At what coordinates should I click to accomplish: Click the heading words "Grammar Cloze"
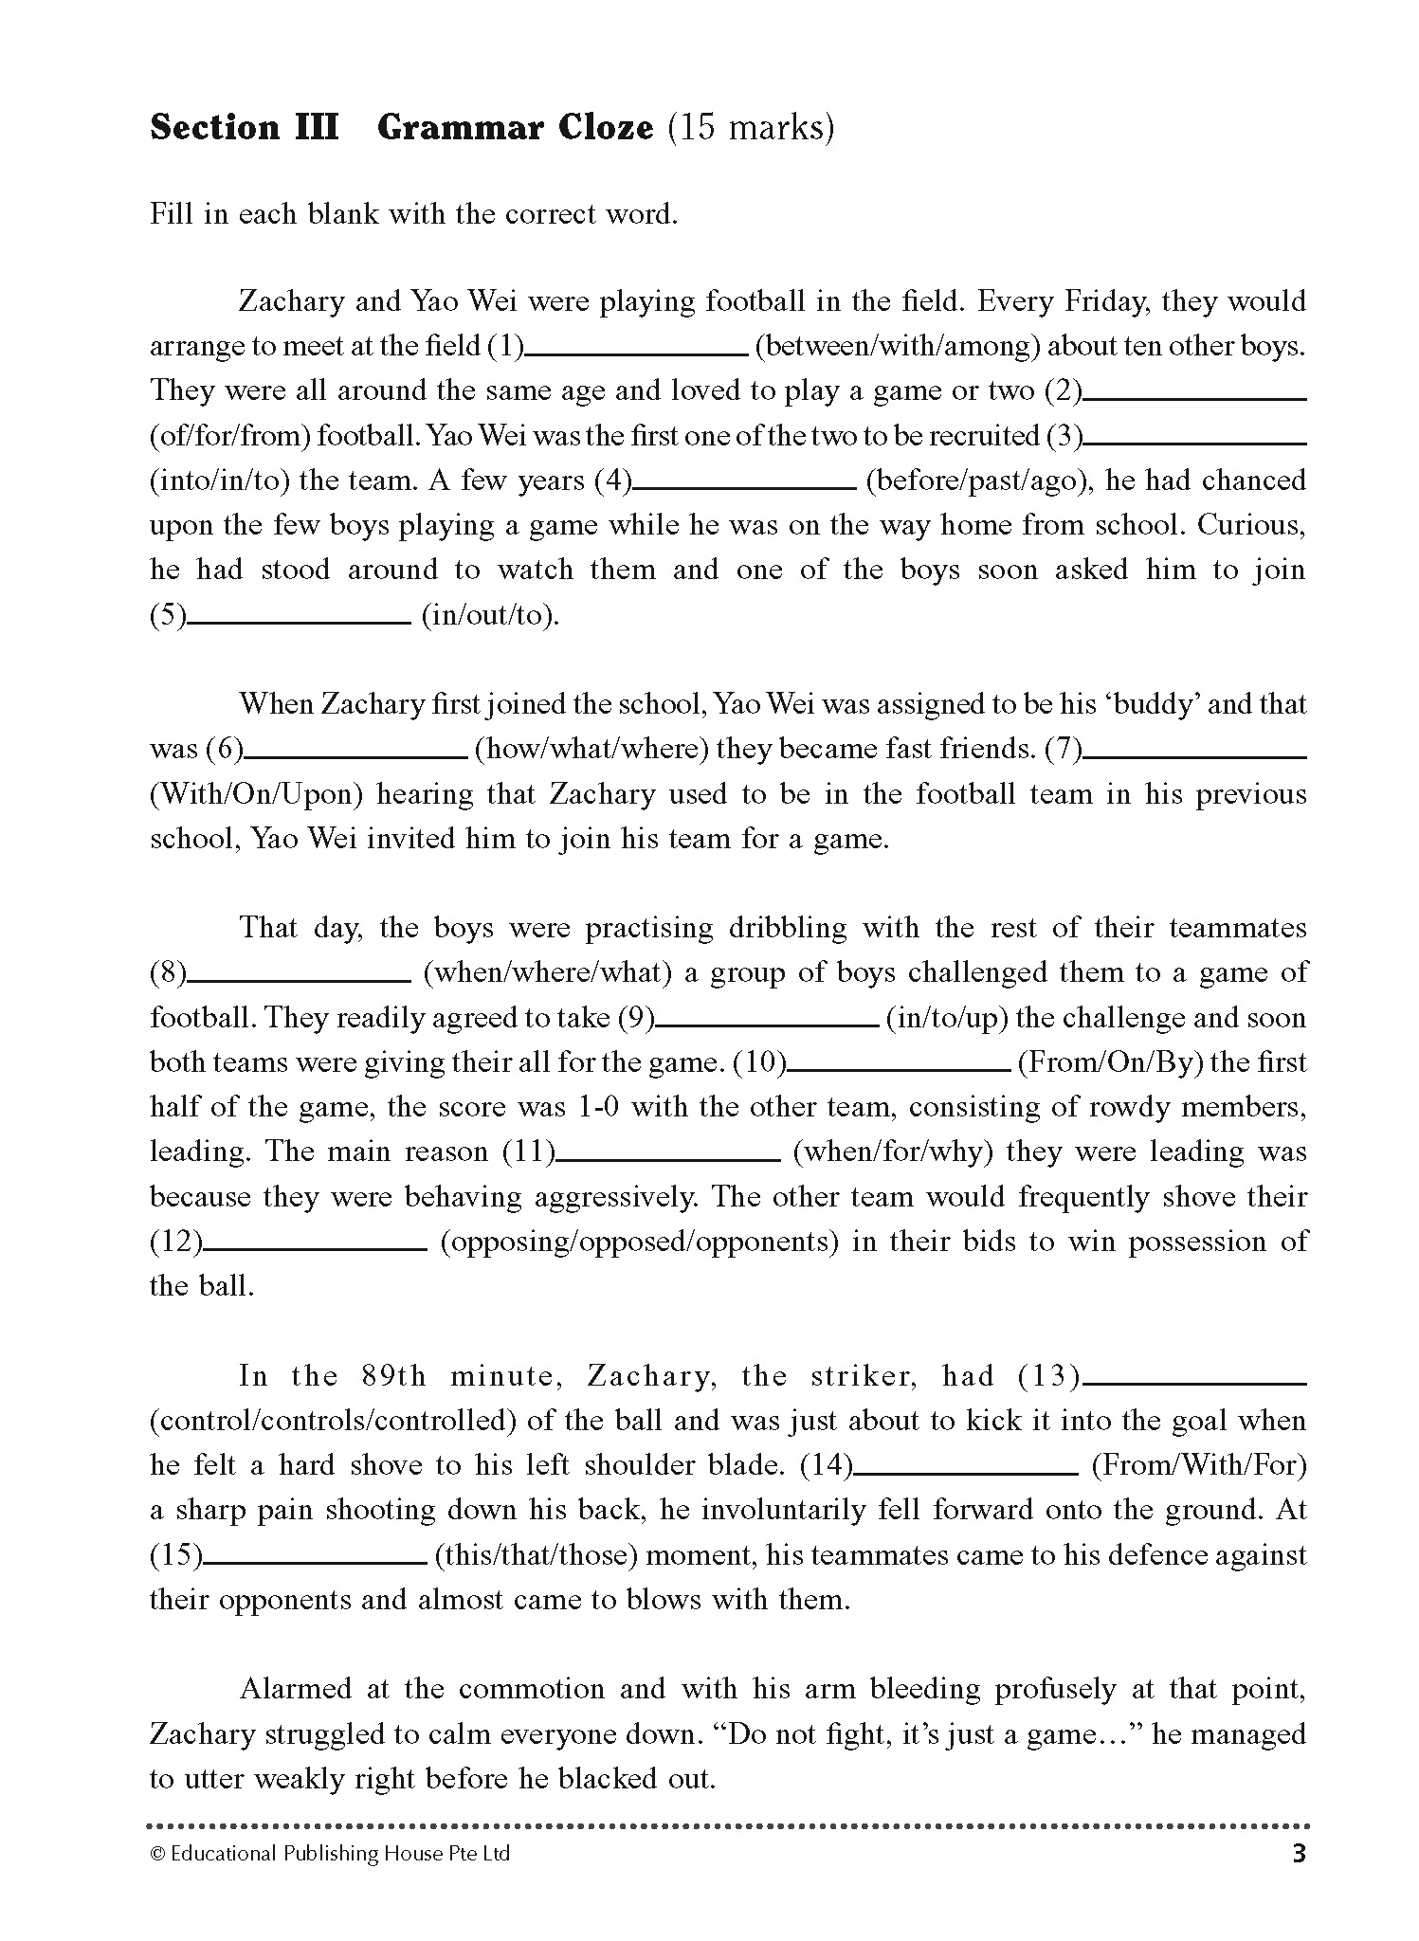515,128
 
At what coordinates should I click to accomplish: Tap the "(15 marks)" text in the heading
751,128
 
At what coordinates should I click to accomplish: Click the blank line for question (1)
636,353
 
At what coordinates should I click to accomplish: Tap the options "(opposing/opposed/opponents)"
639,1242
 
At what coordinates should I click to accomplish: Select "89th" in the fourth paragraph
393,1376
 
